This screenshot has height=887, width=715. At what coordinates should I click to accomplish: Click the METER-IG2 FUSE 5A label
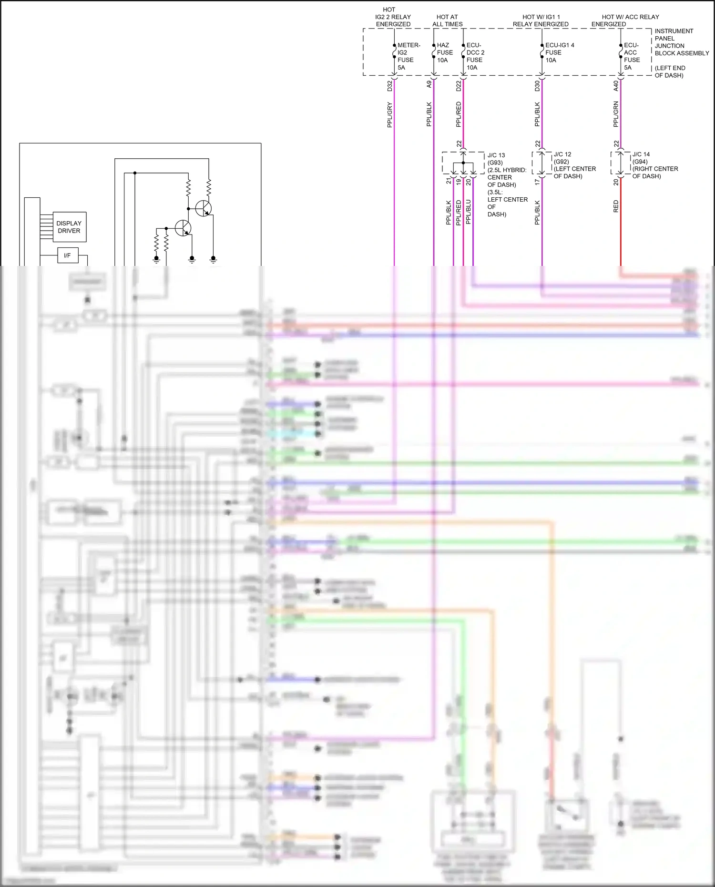(409, 56)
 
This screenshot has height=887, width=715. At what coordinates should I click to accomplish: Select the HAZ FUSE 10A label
(444, 52)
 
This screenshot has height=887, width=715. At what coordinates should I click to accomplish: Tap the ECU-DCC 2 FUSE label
(475, 56)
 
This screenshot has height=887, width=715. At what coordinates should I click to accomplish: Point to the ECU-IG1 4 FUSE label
(559, 52)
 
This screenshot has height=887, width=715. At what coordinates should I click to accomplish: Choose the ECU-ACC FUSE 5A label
(632, 56)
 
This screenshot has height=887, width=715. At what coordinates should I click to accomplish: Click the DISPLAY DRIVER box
(69, 227)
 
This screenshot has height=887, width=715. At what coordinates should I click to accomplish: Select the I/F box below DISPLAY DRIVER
(67, 255)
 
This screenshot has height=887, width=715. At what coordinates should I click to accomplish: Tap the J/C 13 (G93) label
(496, 159)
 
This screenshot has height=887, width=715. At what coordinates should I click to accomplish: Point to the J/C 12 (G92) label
(562, 158)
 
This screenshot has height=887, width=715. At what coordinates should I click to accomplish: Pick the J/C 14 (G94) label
(641, 158)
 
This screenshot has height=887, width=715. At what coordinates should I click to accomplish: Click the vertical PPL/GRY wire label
(389, 114)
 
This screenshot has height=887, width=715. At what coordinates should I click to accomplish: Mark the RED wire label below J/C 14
(616, 206)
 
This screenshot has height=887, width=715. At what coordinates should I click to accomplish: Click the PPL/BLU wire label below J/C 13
(468, 212)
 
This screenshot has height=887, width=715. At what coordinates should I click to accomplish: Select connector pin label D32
(389, 86)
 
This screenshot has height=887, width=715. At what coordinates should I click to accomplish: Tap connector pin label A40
(616, 86)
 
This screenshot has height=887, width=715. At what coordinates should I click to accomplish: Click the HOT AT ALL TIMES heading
(447, 20)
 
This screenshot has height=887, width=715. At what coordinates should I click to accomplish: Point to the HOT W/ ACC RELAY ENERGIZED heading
(624, 20)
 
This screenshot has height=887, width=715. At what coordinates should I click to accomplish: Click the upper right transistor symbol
(204, 208)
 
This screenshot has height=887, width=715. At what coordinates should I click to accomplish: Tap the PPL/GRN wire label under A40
(616, 114)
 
